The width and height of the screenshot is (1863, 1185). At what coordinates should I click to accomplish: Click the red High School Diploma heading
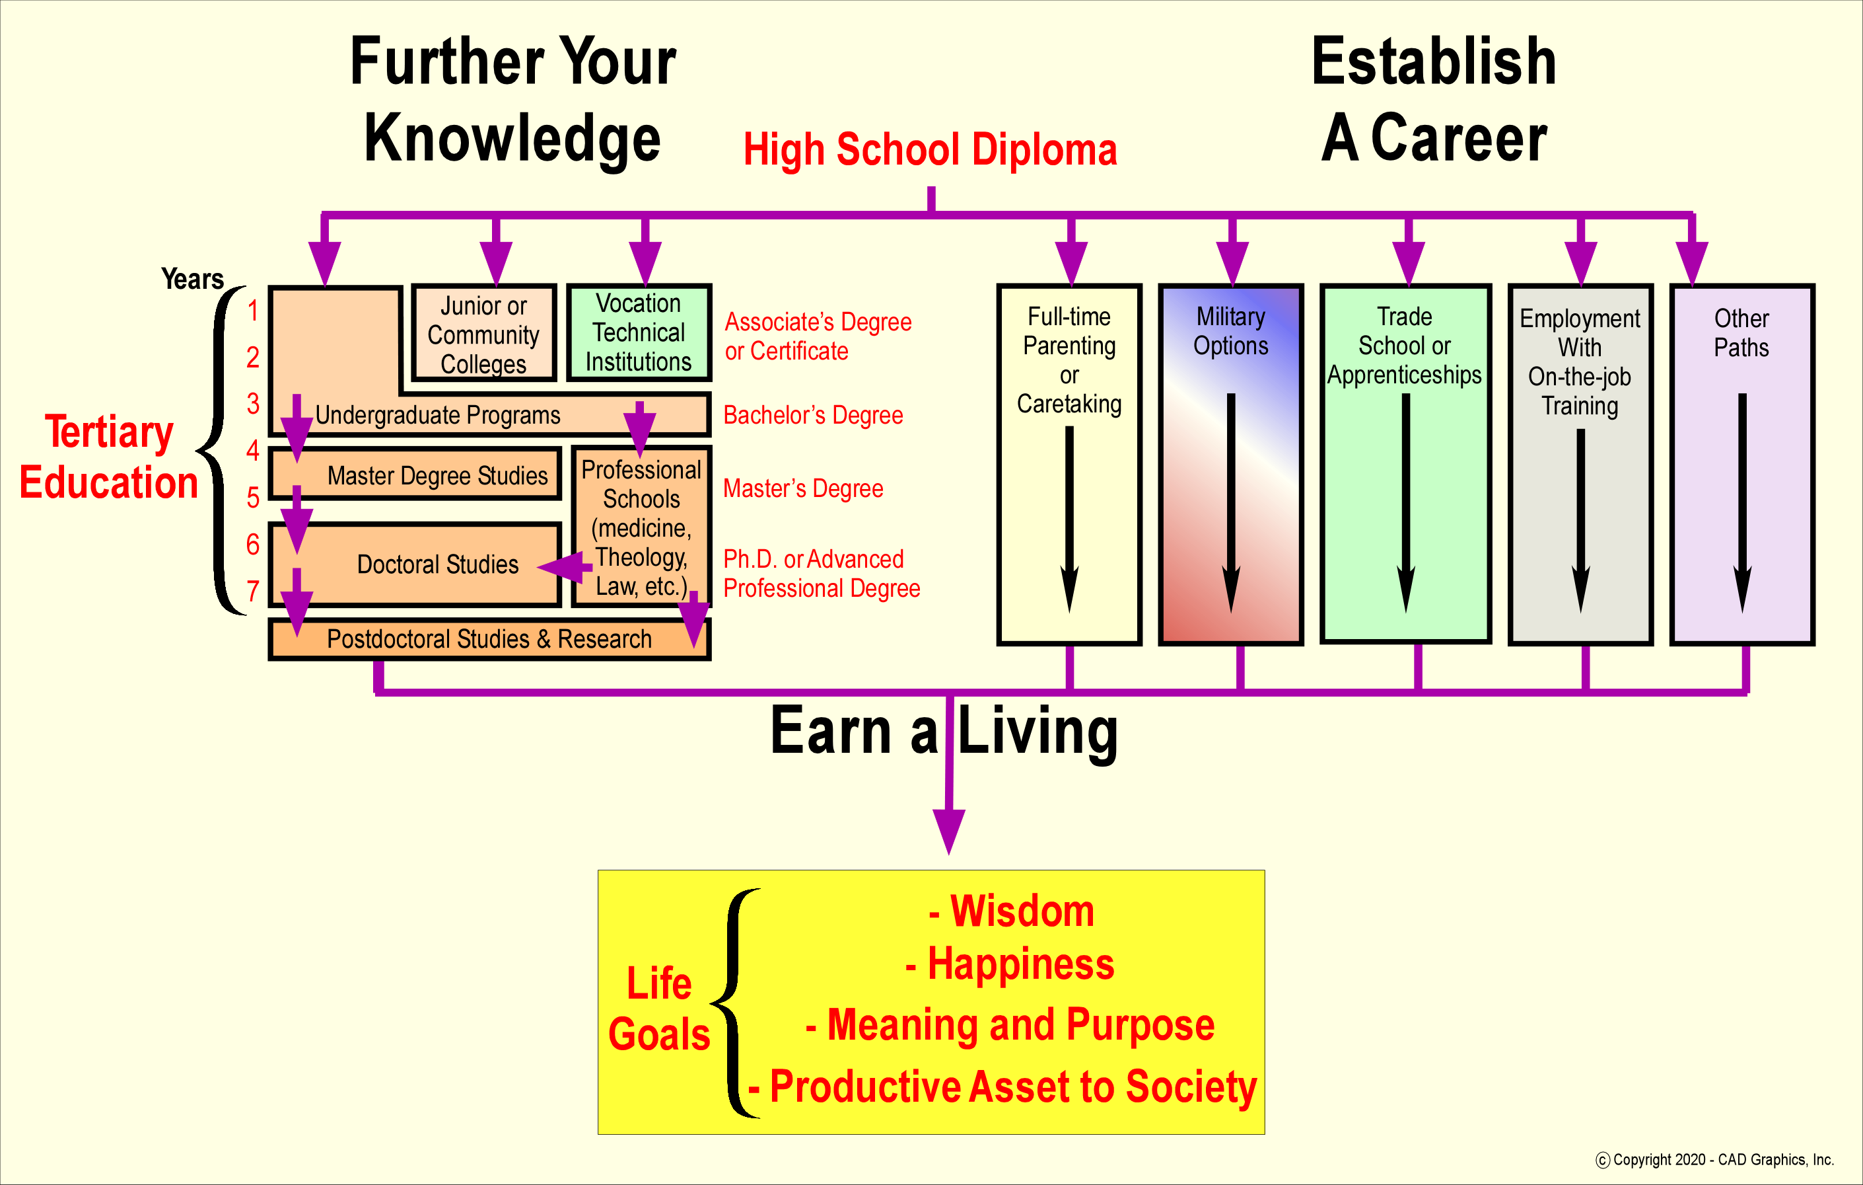click(x=930, y=149)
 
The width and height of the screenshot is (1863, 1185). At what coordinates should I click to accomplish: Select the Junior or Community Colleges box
click(x=483, y=334)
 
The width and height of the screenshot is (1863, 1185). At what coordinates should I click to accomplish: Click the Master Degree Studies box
click(x=437, y=475)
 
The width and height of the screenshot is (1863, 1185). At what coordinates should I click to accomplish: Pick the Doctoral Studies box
click(x=437, y=564)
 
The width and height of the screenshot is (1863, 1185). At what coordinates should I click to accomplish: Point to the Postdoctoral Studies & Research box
click(x=489, y=639)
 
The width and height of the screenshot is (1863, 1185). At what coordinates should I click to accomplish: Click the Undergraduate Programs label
click(x=437, y=416)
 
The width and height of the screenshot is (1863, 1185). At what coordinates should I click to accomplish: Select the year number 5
click(x=253, y=497)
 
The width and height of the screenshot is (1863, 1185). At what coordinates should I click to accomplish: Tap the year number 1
click(x=253, y=311)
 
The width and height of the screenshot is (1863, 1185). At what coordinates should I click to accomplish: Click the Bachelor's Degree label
click(x=813, y=416)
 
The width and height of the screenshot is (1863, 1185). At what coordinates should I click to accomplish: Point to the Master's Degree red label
click(x=803, y=488)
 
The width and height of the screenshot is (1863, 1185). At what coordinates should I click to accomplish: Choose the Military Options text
click(x=1231, y=331)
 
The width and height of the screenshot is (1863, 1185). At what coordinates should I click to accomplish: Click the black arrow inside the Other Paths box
click(x=1742, y=503)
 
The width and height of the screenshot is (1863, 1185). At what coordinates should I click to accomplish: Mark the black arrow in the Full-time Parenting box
click(x=1069, y=519)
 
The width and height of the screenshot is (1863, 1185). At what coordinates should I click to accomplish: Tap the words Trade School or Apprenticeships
click(x=1405, y=346)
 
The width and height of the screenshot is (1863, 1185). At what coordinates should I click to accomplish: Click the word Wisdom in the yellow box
click(x=1021, y=911)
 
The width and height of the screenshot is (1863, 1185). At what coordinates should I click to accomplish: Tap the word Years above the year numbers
click(x=193, y=279)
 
